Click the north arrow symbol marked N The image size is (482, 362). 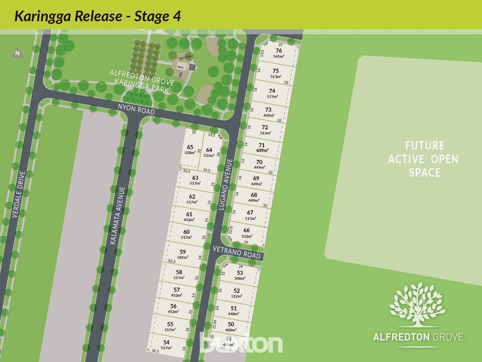point(17,53)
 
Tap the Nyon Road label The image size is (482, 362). point(136,109)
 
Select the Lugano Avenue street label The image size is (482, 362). point(225,184)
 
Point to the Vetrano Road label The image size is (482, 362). point(237,252)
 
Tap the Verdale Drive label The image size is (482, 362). point(18,194)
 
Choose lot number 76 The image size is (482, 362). point(279,51)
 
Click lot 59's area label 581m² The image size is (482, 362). point(182,257)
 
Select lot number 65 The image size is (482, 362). point(190,147)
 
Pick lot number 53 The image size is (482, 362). point(240,273)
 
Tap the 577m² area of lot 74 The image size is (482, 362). point(272,97)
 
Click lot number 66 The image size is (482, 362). point(247,230)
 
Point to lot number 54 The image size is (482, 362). point(166,342)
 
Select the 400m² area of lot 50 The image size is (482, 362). point(231,330)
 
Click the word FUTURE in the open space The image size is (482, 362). point(425,146)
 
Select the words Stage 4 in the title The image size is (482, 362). point(157,16)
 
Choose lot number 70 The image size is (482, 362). point(259,162)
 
